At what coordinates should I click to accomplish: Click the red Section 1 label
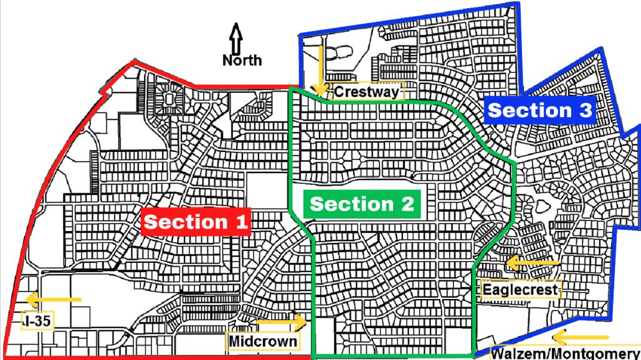coord(196,222)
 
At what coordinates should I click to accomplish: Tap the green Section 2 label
coord(362,204)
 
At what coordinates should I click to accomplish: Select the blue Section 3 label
coord(540,110)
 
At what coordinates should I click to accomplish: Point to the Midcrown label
coord(263,341)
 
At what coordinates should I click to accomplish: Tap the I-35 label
coord(37,321)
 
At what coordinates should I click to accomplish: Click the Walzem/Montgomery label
coord(566,353)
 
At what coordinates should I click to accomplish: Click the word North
coord(242,60)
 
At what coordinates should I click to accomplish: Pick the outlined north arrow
coord(236,39)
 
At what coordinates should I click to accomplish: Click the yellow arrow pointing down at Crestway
coord(321,69)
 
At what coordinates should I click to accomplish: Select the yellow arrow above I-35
coord(54,300)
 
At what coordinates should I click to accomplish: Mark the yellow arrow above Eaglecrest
coord(533,263)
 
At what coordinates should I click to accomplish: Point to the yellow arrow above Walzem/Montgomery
coord(588,338)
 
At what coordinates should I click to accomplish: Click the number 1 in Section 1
coord(240,222)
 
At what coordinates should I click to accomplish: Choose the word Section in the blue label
coord(529,110)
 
